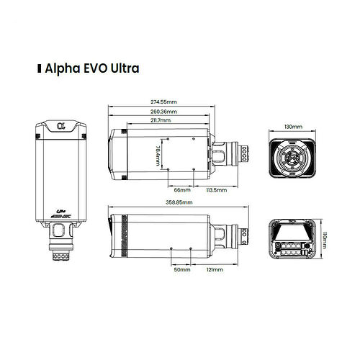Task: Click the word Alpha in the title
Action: click(62, 69)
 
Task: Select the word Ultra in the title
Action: click(122, 69)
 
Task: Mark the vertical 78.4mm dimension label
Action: click(158, 154)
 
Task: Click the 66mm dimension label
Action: click(182, 190)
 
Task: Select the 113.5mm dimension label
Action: click(215, 190)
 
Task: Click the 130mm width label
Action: click(293, 127)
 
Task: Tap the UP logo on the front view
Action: click(61, 212)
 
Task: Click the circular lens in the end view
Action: click(292, 156)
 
